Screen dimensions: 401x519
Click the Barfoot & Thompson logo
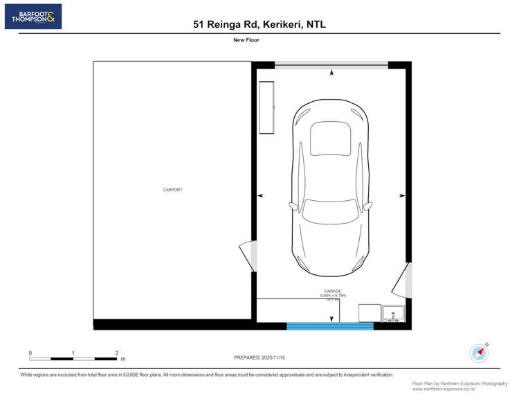click(x=33, y=17)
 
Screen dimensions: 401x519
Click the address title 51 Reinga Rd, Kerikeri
click(x=259, y=24)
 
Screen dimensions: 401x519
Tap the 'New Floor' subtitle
click(x=246, y=40)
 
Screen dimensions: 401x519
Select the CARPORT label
click(x=172, y=190)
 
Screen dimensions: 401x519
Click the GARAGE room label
click(x=332, y=291)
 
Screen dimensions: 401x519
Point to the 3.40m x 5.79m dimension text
click(x=332, y=296)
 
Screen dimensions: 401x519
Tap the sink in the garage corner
click(x=393, y=313)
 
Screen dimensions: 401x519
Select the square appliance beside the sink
click(x=369, y=313)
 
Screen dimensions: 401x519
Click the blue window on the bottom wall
click(x=330, y=326)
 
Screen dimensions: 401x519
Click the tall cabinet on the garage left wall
click(x=267, y=107)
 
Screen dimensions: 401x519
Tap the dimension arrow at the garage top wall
click(x=331, y=72)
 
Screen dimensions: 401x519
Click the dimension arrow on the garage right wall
click(x=401, y=196)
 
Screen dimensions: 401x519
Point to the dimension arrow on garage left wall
click(x=260, y=196)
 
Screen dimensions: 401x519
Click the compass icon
click(x=479, y=353)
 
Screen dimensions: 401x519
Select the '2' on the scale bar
click(x=116, y=353)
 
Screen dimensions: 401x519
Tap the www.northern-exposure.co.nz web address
click(x=444, y=389)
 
